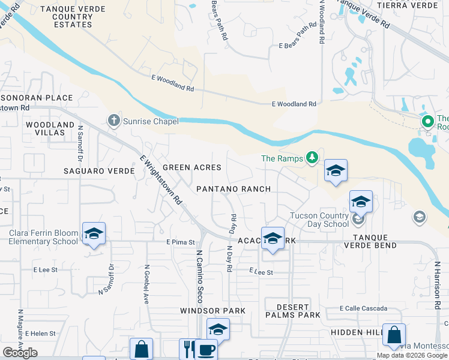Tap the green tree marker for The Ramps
(x=312, y=158)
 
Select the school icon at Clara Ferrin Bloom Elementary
(x=94, y=233)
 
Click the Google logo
(x=20, y=353)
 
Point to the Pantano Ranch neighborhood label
(x=234, y=189)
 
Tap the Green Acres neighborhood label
(x=192, y=167)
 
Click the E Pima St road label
(x=181, y=242)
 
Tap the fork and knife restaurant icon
(x=188, y=349)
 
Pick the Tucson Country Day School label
(x=319, y=220)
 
